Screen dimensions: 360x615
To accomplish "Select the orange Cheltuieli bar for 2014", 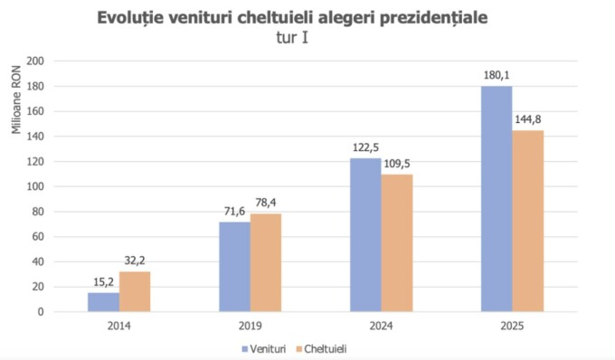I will (x=135, y=291).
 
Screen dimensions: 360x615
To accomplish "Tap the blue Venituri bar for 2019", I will (x=235, y=267).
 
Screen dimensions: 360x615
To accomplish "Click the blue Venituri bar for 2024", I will (x=365, y=235).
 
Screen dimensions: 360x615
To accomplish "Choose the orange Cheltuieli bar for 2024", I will (x=397, y=243).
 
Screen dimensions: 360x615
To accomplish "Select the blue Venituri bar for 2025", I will (x=497, y=199).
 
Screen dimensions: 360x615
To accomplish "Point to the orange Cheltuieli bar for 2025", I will (x=528, y=221).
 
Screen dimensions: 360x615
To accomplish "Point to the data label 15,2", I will (x=102, y=282).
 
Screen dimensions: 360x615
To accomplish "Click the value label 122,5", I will (x=365, y=148).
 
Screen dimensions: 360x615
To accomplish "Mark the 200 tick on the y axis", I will (x=35, y=62).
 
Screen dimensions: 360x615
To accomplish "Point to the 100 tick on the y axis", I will (x=35, y=186).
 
